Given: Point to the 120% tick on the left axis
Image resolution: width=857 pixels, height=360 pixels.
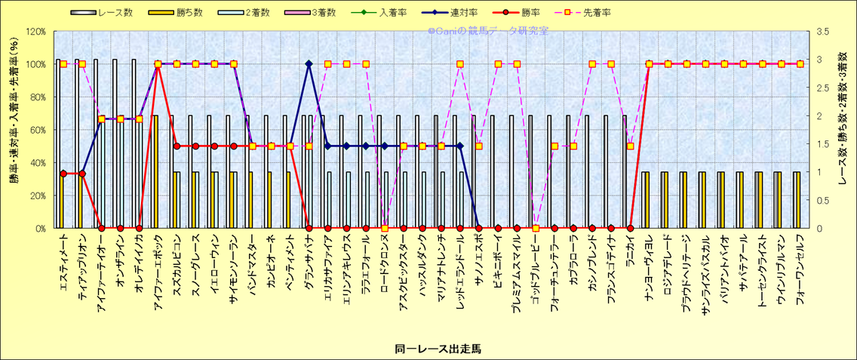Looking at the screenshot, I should [x=35, y=32].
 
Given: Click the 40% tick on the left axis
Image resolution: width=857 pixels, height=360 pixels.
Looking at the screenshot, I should [x=37, y=162].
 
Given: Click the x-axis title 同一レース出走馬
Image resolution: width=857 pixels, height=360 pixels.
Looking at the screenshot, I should [x=427, y=349].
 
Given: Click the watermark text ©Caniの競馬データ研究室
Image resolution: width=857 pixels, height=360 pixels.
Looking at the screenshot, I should [x=487, y=32].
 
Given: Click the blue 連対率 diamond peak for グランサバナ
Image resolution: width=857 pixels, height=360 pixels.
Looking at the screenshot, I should [x=309, y=64].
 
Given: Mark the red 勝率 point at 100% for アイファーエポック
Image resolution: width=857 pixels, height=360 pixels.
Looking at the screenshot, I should [x=158, y=64].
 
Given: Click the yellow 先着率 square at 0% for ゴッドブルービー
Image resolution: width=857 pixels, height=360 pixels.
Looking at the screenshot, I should [x=536, y=228].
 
